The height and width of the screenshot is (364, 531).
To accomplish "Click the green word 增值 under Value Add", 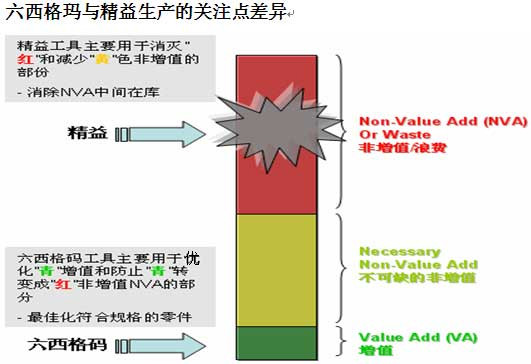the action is coord(371,352).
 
